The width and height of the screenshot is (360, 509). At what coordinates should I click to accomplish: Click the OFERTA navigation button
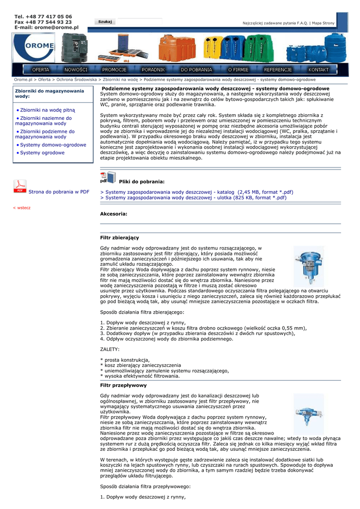coord(41,70)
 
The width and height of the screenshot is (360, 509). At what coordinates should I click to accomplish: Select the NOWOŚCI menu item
coord(76,70)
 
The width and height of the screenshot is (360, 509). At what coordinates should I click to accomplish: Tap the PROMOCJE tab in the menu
coord(114,70)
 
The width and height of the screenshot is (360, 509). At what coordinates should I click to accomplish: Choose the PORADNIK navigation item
coord(153,70)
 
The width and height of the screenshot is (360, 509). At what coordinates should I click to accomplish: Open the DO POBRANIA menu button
coord(196,70)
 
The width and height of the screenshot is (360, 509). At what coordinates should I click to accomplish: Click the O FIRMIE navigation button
coord(238,70)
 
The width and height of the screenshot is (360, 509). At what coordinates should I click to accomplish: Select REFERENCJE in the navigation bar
coord(278,70)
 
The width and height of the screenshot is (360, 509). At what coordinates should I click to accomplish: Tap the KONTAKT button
coord(318,70)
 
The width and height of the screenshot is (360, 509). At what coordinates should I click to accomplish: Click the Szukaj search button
coord(105,22)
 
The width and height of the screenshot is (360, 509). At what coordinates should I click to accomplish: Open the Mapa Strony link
coord(323,23)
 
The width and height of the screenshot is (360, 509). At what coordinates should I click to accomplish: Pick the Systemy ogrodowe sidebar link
coord(42,153)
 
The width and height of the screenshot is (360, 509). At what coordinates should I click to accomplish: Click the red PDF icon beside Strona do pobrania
coord(19,186)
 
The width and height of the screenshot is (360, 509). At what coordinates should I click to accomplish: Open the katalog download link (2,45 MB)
coord(197,192)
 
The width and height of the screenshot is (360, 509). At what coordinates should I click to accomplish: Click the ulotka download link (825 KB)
coord(193,197)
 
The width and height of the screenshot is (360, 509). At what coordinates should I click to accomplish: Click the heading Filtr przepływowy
coord(123,385)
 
